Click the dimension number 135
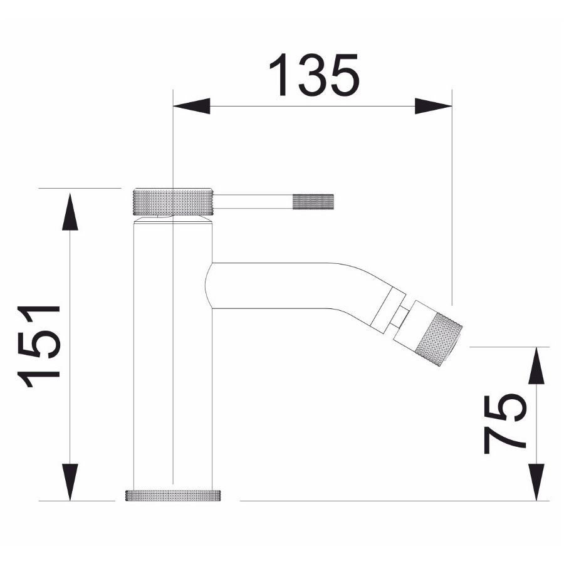[314, 75]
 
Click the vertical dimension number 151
[38, 347]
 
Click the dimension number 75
[505, 424]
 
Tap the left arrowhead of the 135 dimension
[191, 106]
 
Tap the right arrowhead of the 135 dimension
[434, 106]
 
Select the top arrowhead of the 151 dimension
[70, 212]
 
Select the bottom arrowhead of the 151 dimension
[70, 482]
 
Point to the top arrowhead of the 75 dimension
[536, 366]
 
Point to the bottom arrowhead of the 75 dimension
[536, 482]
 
